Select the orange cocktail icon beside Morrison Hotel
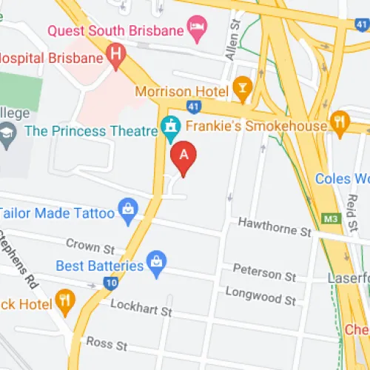[x=241, y=90]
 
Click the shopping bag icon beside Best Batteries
[x=156, y=263]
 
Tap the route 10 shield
[x=111, y=281]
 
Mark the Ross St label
[x=107, y=343]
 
